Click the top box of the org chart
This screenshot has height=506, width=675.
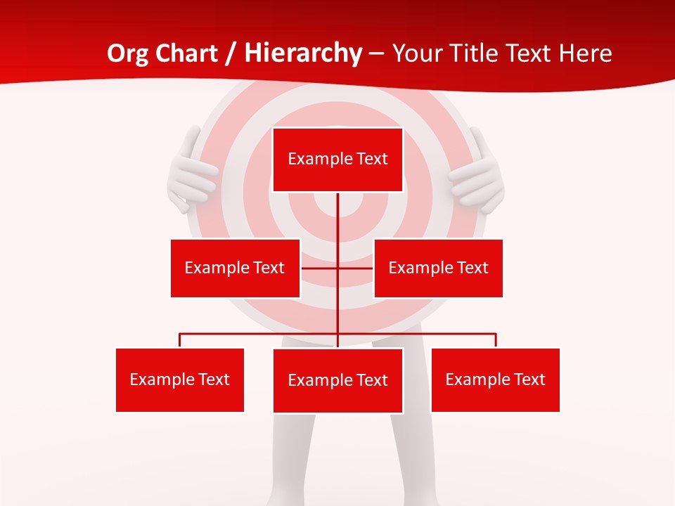pyautogui.click(x=337, y=160)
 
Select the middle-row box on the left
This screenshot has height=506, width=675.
pyautogui.click(x=235, y=268)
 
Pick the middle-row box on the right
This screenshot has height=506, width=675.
pyautogui.click(x=438, y=268)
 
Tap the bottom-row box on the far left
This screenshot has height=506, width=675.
pyautogui.click(x=180, y=379)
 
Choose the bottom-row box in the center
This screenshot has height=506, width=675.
pyautogui.click(x=337, y=380)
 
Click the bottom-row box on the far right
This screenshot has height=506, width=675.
pyautogui.click(x=495, y=379)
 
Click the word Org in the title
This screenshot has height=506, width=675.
pyautogui.click(x=126, y=53)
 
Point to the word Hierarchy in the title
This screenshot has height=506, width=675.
pyautogui.click(x=303, y=53)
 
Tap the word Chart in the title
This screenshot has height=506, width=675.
pyautogui.click(x=186, y=53)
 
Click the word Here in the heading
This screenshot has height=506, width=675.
pyautogui.click(x=585, y=53)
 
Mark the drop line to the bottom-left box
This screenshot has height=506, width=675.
pyautogui.click(x=180, y=340)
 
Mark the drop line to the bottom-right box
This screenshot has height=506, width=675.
pyautogui.click(x=496, y=340)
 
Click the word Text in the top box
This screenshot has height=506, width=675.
pyautogui.click(x=372, y=159)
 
